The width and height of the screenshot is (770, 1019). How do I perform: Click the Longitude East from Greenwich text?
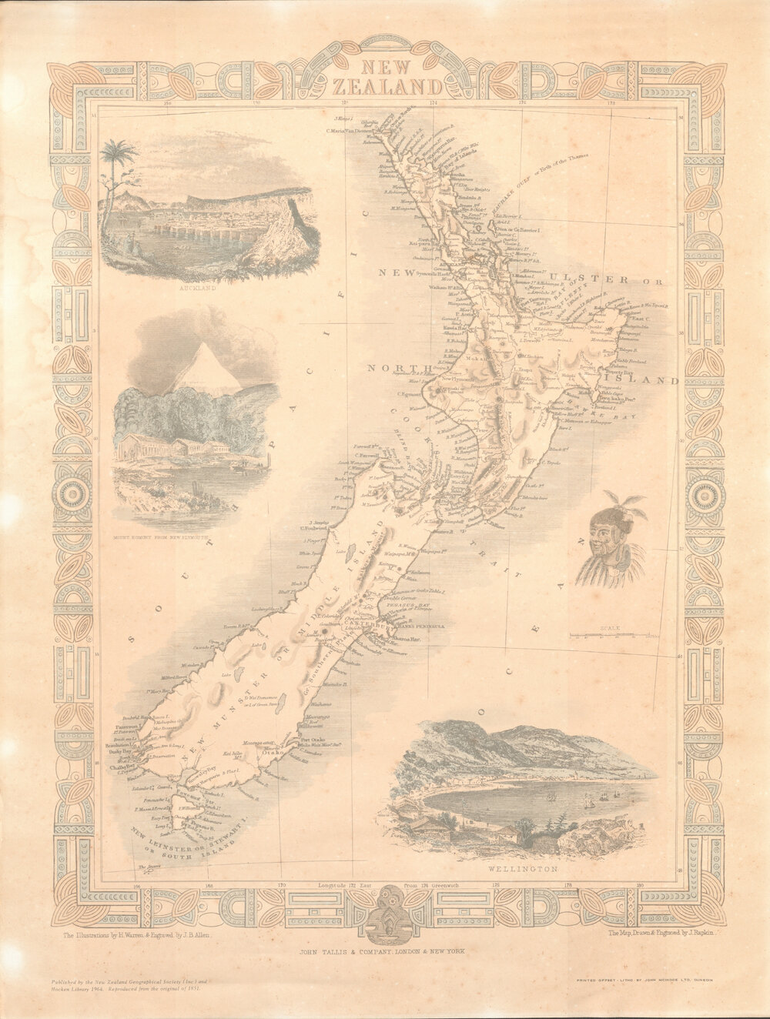tap(390, 886)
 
